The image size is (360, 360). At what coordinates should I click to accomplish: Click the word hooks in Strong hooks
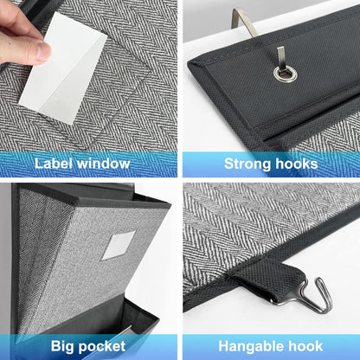[x=296, y=163]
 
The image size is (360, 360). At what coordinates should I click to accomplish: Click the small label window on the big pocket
[x=119, y=245]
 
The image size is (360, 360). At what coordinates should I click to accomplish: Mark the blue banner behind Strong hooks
[x=342, y=163]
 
